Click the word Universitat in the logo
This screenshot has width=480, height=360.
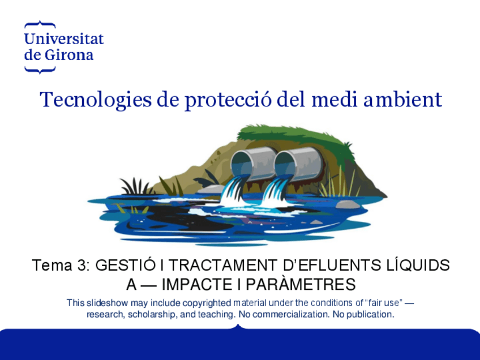(64, 39)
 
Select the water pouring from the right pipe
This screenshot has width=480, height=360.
(276, 191)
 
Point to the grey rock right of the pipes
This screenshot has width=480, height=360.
(347, 204)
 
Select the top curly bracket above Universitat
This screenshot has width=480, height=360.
(40, 24)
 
